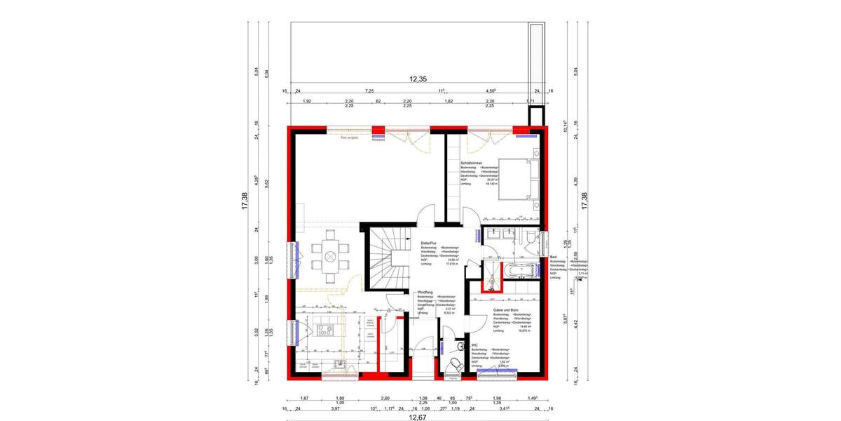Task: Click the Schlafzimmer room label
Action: pos(472,162)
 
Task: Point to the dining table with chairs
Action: pos(327,255)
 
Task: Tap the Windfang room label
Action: pos(425,291)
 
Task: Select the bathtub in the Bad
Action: pos(521,269)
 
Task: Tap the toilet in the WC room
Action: pos(456,363)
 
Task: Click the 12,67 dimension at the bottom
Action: pos(418,416)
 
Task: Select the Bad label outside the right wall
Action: pos(553,257)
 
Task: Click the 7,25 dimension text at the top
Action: pos(368,91)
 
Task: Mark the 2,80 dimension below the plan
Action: pos(385,397)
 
